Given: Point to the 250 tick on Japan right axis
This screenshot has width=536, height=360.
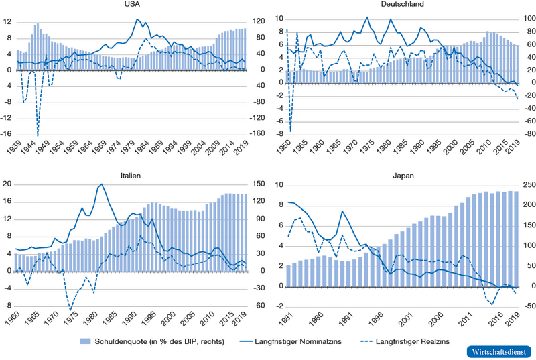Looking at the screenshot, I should pos(527,185).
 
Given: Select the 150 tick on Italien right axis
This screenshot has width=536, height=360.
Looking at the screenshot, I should pos(259,185).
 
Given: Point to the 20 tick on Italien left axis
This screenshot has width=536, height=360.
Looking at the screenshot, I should pos(7,185).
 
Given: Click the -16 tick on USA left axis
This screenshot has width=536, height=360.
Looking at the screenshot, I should pos(7,135).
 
